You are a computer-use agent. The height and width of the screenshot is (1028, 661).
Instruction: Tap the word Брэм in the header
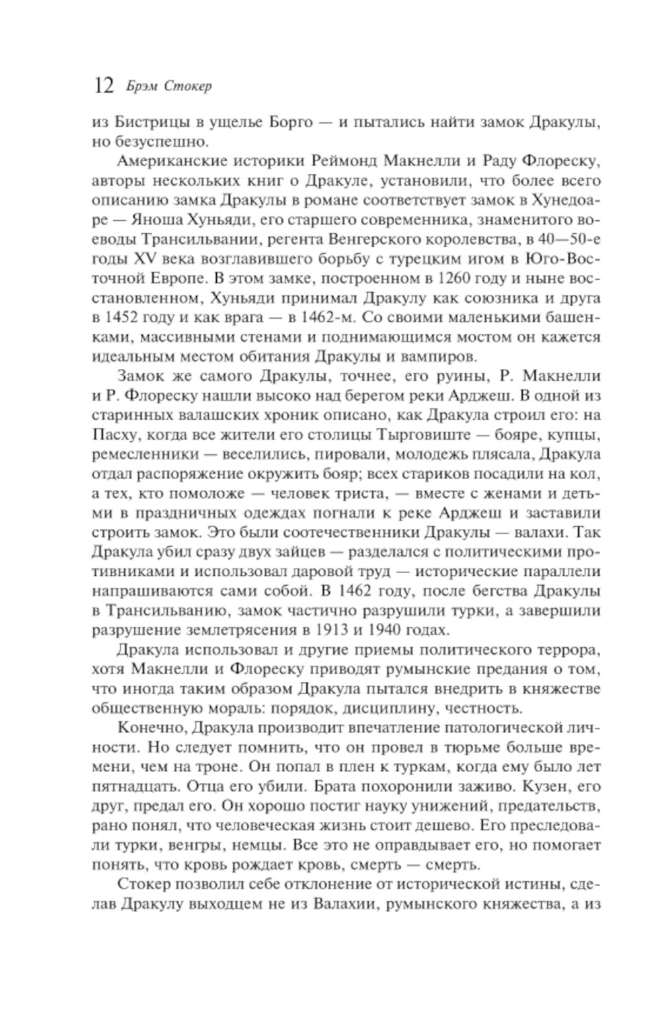coord(137,87)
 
